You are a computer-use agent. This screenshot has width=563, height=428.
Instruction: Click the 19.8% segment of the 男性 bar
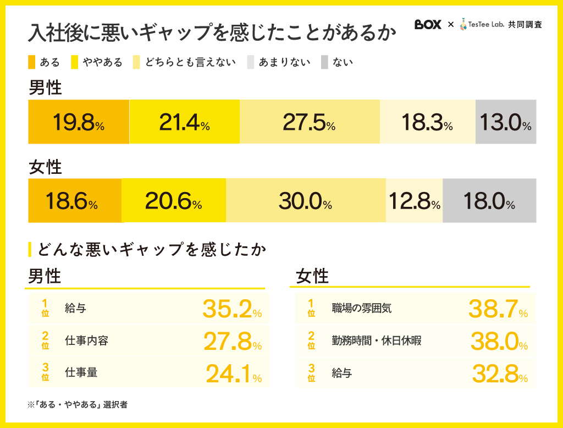[79, 122]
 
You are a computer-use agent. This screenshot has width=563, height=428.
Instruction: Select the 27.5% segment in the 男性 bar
[310, 122]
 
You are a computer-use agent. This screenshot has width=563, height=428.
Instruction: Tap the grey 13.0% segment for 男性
[505, 122]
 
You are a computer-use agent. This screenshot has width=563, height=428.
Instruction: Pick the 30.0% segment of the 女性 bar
[306, 201]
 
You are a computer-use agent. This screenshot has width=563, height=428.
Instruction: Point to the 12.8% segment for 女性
[415, 201]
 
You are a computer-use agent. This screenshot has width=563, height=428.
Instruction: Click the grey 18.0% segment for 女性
[489, 201]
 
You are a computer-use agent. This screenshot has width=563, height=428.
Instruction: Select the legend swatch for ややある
[75, 62]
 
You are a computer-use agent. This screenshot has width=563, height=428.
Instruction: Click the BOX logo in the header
[428, 25]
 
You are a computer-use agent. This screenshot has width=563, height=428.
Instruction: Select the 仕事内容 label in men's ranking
[86, 341]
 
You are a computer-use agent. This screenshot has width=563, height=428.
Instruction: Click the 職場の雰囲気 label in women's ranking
[362, 308]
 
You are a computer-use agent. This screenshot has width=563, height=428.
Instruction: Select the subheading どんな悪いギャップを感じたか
[151, 249]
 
